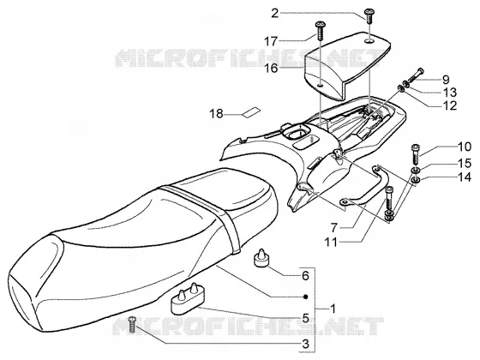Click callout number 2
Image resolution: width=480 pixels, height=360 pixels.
point(274,14)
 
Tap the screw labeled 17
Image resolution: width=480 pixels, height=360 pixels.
point(321,30)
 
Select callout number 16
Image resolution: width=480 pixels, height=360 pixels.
point(271,68)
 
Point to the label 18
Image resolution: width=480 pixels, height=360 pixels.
point(216,114)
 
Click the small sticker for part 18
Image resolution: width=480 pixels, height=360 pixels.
point(250,111)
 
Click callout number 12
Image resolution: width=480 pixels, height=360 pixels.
point(450,105)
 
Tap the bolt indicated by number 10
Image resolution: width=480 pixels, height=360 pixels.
point(415,153)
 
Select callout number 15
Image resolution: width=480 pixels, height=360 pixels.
point(465,163)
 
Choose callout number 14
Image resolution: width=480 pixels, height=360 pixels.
point(465,177)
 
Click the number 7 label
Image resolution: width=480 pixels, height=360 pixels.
point(334,228)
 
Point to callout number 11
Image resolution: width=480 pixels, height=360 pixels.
point(331,243)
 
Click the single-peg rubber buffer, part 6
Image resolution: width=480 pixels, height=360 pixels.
point(261,258)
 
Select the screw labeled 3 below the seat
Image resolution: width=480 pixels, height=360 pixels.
point(132,325)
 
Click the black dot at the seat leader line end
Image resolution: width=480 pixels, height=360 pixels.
point(305,297)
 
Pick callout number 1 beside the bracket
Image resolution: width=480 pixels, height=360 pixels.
point(333,309)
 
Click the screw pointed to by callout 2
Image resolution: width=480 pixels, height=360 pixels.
point(369,15)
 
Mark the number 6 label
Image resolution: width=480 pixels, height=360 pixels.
point(305,276)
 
